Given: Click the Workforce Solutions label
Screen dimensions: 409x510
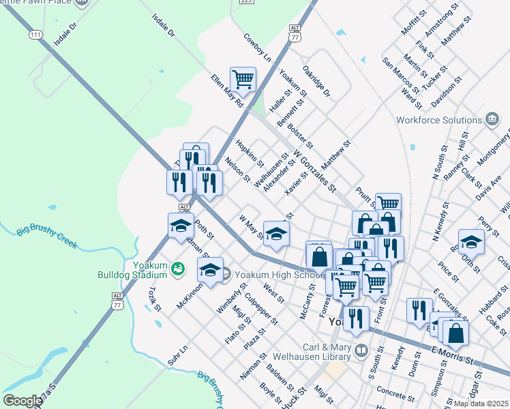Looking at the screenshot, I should [439, 121].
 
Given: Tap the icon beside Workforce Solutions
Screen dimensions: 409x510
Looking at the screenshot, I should [492, 120].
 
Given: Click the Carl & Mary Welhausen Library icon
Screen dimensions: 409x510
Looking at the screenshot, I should [361, 351].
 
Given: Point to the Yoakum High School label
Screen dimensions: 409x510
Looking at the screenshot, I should [276, 275].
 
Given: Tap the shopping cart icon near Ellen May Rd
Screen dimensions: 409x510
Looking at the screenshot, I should [243, 80].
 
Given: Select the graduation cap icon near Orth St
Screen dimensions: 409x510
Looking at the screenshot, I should [471, 241].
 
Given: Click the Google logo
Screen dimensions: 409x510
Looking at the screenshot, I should [22, 401].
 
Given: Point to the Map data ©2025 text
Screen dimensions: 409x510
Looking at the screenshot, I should [480, 404].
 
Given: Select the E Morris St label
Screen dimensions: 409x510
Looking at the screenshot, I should [452, 352].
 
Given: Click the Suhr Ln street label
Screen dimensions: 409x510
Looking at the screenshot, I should [177, 356].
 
